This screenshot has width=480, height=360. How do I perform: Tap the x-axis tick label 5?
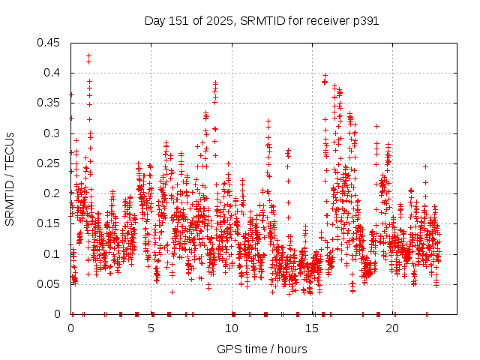click(151, 328)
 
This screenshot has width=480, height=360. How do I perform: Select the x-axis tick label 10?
click(232, 328)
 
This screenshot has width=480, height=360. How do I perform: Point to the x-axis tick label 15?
click(313, 328)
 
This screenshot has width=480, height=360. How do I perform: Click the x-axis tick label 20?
click(393, 328)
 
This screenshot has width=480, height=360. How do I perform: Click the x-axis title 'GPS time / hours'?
click(262, 349)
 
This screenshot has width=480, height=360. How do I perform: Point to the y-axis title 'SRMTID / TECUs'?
click(10, 178)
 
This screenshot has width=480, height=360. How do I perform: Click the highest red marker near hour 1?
click(88, 55)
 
